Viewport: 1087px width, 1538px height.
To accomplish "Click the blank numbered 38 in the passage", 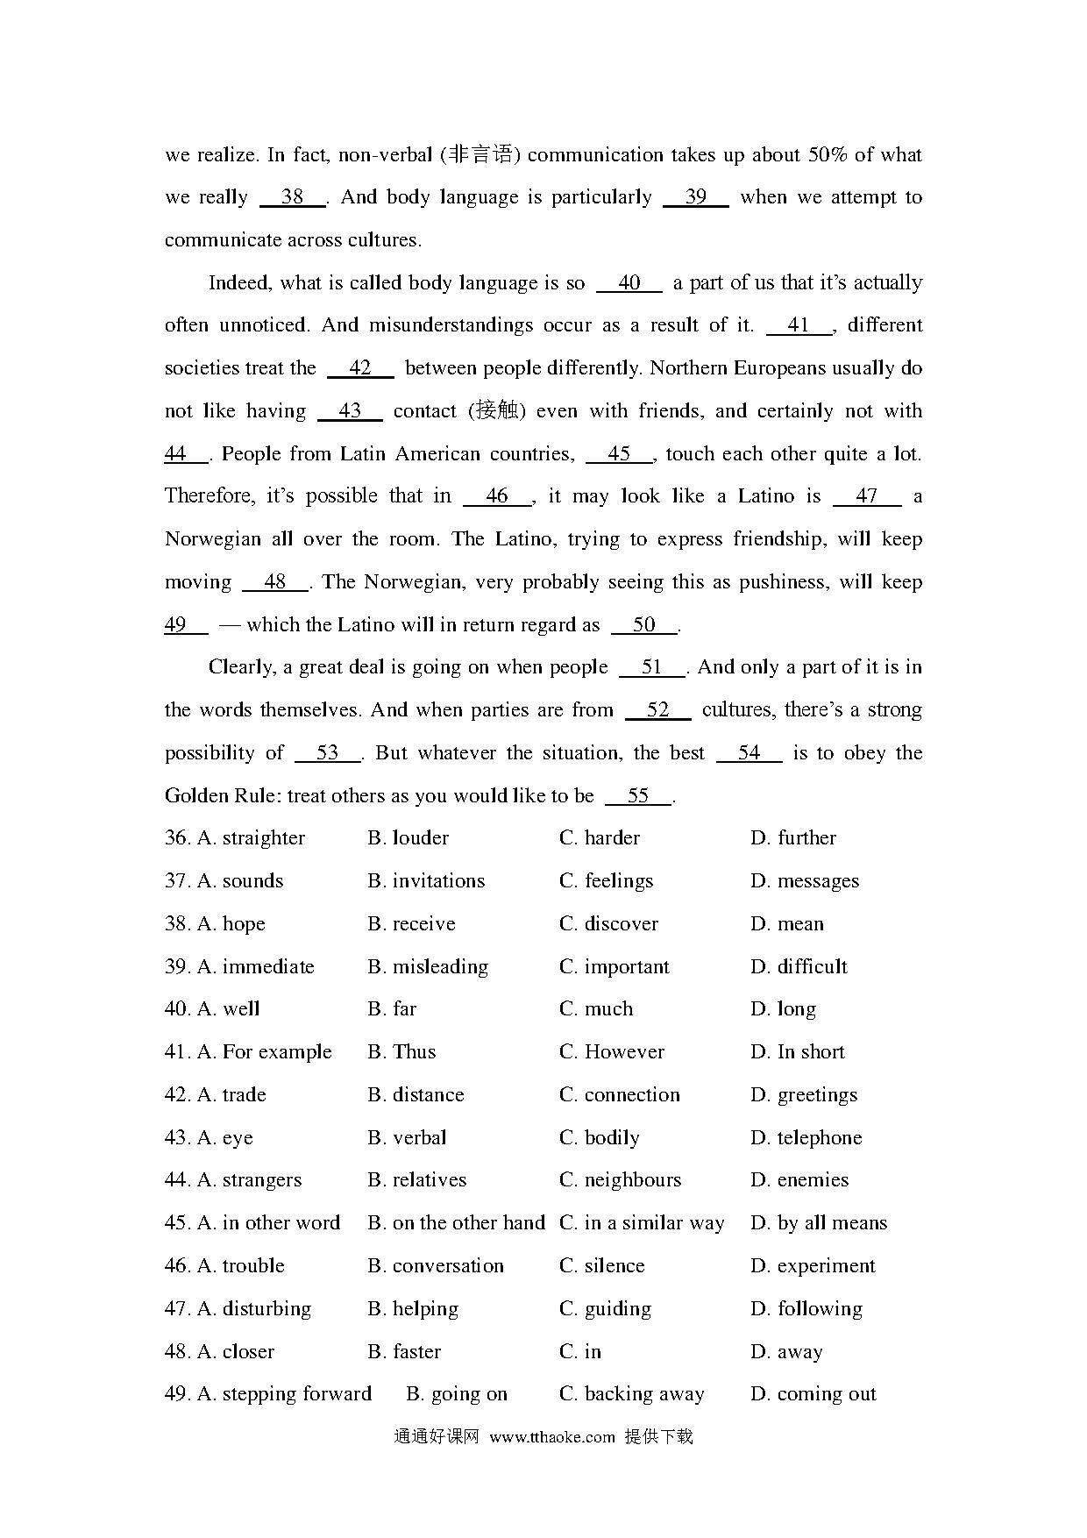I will click(293, 197).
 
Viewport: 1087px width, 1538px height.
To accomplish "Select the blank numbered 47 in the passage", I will click(866, 496).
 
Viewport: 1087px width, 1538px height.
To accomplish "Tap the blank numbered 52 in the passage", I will click(657, 710).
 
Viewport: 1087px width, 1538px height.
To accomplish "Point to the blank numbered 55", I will click(638, 796).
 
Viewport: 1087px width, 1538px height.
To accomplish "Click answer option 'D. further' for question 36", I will click(793, 838).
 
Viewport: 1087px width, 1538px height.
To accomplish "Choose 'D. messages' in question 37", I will click(805, 881).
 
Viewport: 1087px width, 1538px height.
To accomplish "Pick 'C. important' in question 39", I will click(614, 967).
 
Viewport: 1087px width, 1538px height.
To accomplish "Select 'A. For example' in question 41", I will click(265, 1052).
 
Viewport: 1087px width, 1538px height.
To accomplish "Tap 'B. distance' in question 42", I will click(416, 1095).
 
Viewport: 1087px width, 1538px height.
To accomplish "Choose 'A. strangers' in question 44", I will click(250, 1180).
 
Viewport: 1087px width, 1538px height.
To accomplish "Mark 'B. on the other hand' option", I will click(456, 1223).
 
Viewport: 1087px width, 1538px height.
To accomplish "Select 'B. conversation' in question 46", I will click(436, 1266).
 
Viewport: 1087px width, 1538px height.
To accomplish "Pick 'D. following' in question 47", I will click(806, 1309).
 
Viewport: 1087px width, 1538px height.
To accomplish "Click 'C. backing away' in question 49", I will click(631, 1394).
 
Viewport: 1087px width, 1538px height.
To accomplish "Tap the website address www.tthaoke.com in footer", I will click(552, 1437).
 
